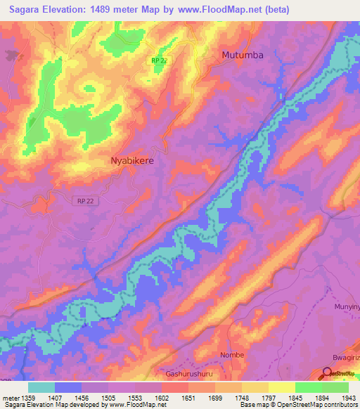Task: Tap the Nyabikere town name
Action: click(132, 160)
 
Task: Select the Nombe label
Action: click(231, 355)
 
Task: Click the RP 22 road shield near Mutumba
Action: click(159, 61)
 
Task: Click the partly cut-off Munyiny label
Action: click(345, 307)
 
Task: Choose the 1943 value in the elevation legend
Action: click(340, 396)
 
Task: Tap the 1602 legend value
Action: click(161, 396)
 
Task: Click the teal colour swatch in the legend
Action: click(41, 387)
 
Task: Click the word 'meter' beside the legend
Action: click(10, 396)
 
